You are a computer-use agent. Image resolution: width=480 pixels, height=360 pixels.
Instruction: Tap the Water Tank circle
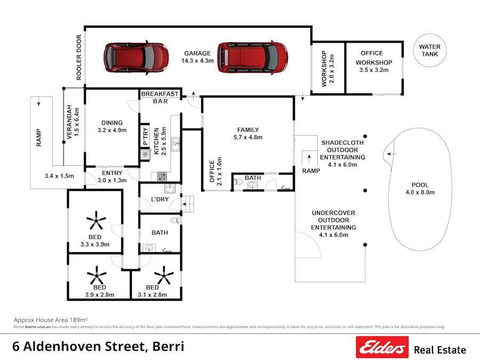[429, 51]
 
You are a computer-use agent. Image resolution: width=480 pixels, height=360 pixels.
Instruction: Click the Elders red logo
[382, 347]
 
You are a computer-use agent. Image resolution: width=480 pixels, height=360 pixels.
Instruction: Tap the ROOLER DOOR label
[79, 58]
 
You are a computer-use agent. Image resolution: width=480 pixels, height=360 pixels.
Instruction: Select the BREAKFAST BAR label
[160, 97]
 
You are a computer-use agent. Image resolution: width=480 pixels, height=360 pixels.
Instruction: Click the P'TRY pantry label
[145, 135]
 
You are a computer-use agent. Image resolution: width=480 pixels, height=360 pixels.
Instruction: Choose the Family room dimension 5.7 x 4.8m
[247, 137]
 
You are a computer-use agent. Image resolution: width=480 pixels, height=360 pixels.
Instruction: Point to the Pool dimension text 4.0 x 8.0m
[420, 193]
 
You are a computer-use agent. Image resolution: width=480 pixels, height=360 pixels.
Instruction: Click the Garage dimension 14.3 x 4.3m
[197, 61]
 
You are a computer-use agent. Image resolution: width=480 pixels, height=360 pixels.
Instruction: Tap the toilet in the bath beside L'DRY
[174, 220]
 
